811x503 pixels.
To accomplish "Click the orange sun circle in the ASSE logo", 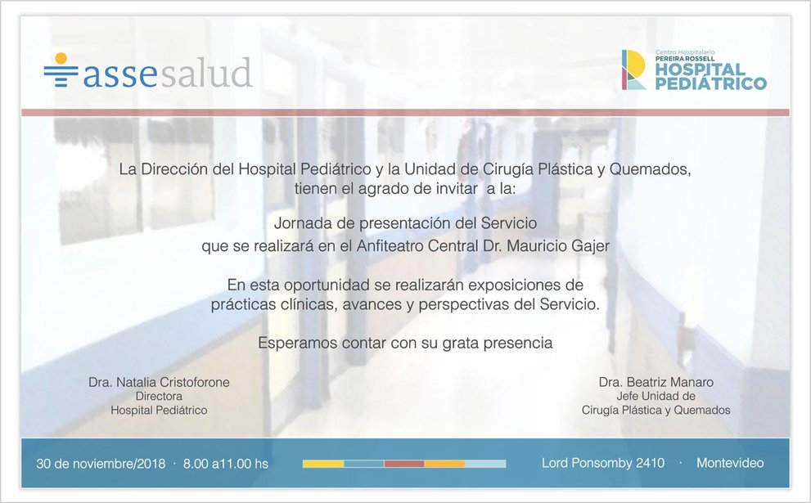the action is pos(61,58).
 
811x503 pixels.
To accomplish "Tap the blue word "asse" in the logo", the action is pos(119,74).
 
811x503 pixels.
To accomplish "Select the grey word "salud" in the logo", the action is pos(206,72).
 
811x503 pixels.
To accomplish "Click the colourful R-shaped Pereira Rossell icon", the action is pos(633,70).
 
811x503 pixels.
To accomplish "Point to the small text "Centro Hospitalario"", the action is pos(685,52).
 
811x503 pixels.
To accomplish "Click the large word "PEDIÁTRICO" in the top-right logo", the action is pos(711,83).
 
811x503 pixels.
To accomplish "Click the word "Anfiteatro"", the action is pos(390,245).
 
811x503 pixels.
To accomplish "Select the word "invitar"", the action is pos(456,189).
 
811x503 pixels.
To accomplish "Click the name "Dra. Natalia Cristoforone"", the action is pos(159,383).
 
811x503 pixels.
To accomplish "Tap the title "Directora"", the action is pos(159,397).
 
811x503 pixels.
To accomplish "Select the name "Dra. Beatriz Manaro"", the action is pos(656,383).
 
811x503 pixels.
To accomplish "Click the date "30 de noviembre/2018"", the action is pos(101,464).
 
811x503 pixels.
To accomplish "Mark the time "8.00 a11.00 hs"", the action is pos(226,464).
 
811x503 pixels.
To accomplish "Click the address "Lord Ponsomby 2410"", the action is pos(603,463).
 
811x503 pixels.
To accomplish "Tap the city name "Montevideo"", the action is pos(730,463).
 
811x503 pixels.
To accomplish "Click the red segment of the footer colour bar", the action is pos(404,464).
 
